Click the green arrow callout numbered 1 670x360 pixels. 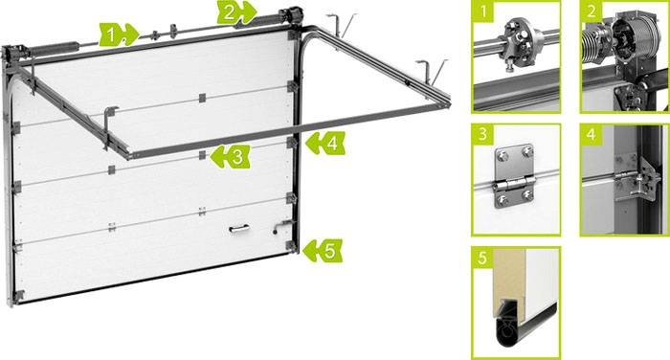pos(119,34)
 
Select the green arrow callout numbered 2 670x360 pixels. pos(236,12)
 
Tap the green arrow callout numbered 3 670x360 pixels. pos(231,156)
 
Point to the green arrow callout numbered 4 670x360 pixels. pos(325,144)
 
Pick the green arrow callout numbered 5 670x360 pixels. pos(323,251)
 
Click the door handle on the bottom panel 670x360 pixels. pos(239,230)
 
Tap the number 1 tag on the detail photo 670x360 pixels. pos(483,11)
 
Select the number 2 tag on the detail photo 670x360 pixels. pos(592,11)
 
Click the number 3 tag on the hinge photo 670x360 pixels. pos(483,135)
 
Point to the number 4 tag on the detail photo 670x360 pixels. pos(592,135)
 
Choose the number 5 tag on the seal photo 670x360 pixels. pos(483,258)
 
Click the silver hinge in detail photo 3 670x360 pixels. pos(515,176)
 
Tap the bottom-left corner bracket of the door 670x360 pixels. pos(18,296)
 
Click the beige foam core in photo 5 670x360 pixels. pos(509,278)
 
